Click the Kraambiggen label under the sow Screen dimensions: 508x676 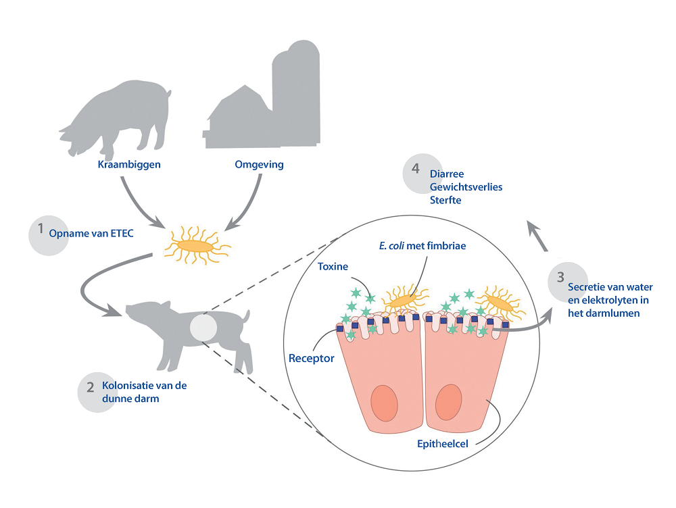(x=128, y=164)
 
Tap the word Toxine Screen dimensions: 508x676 (x=333, y=266)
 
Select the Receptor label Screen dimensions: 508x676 (x=312, y=358)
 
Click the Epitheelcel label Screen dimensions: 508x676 (x=444, y=443)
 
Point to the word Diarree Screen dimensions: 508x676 (x=447, y=174)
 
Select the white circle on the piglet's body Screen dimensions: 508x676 (x=203, y=328)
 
